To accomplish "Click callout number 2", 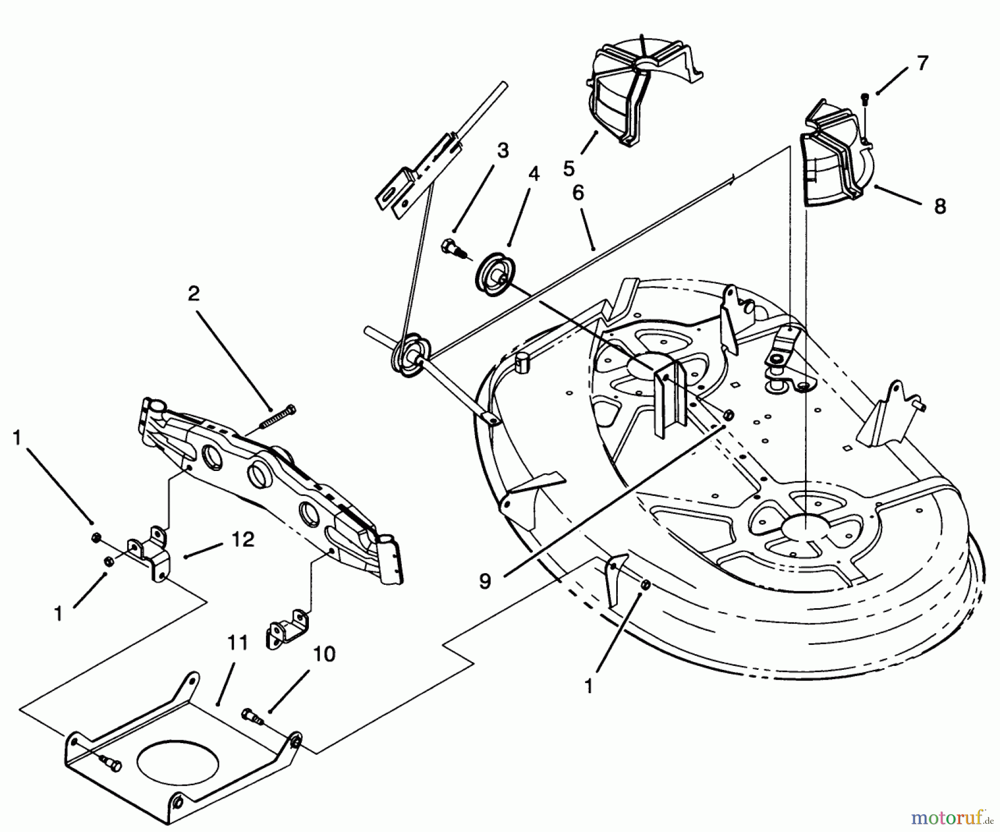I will click(x=193, y=294).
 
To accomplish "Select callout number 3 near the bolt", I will click(x=503, y=151).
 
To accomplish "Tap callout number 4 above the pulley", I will click(x=533, y=174).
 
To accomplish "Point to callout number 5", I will click(x=568, y=168).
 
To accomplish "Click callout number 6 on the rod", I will click(x=578, y=193).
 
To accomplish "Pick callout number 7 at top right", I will click(x=922, y=64).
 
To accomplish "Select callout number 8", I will click(x=939, y=207).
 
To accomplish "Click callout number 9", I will click(x=485, y=582).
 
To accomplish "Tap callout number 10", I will click(x=324, y=654).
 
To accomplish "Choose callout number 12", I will click(x=243, y=539).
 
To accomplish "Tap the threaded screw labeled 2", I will click(x=278, y=418).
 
